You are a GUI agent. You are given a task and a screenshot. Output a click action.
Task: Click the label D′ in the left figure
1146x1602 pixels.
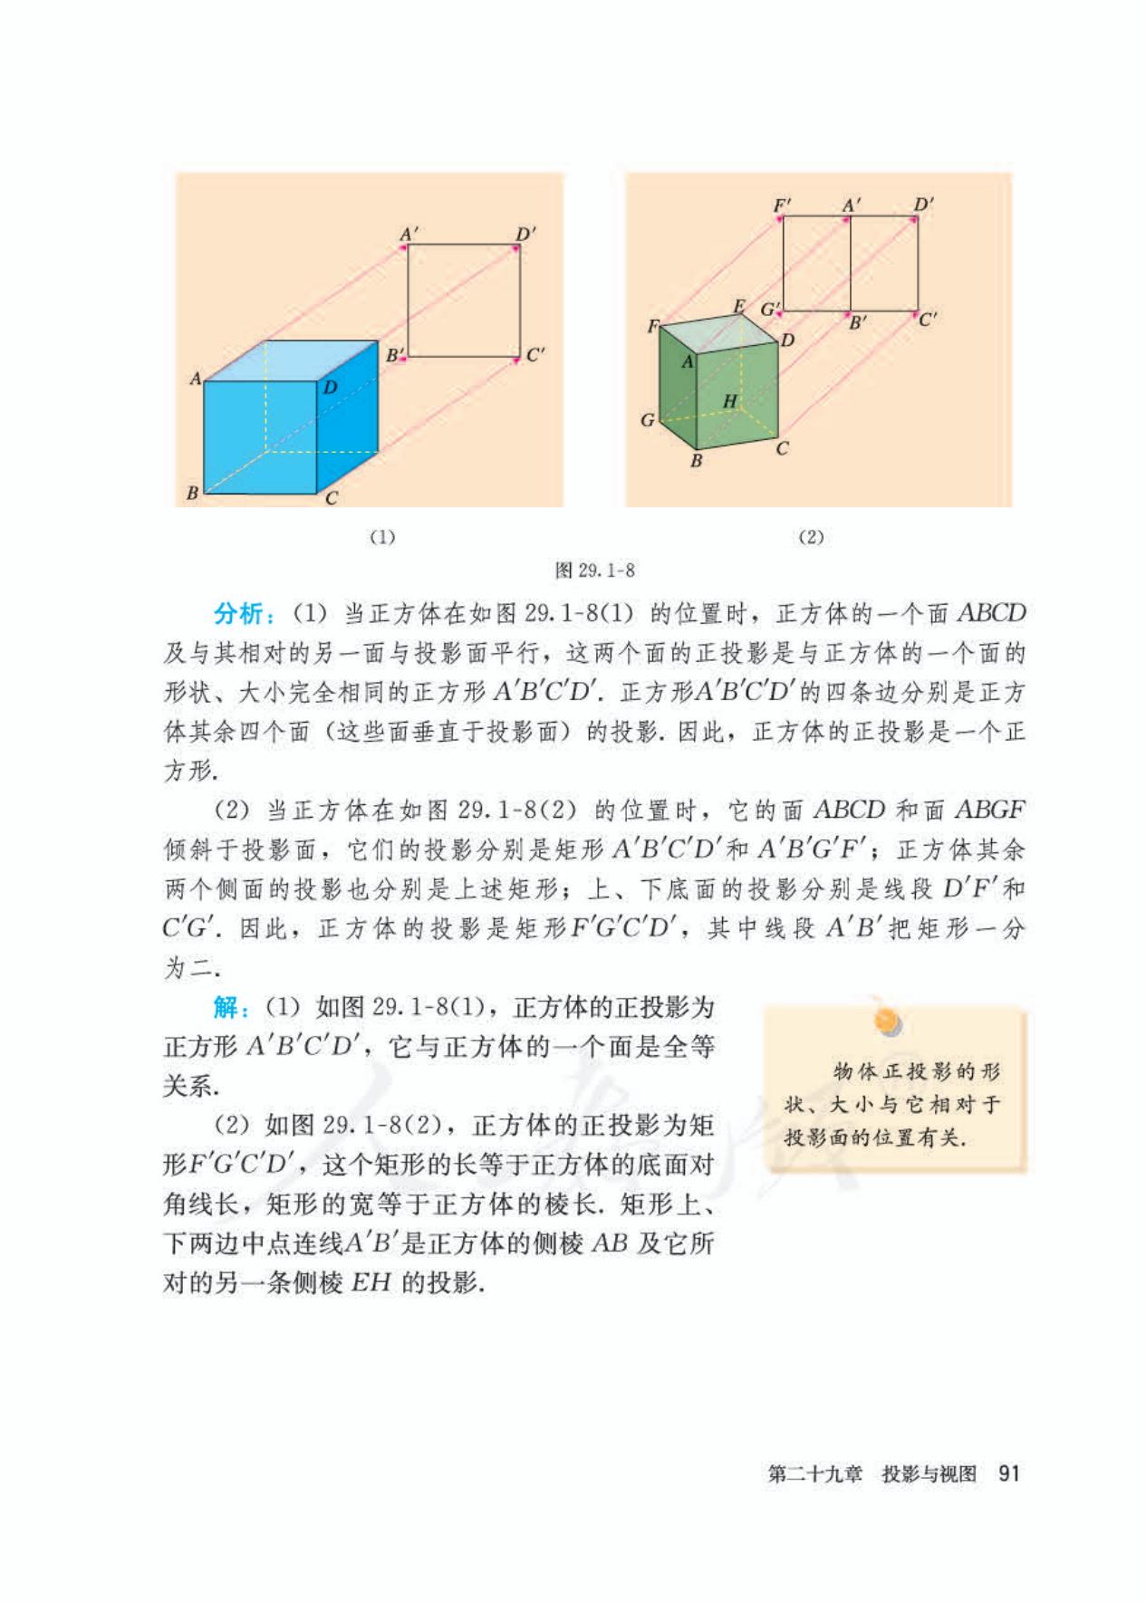tap(525, 233)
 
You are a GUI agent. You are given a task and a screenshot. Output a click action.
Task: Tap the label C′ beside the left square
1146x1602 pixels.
tap(536, 354)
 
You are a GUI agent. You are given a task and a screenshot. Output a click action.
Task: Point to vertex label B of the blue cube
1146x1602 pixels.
tap(192, 494)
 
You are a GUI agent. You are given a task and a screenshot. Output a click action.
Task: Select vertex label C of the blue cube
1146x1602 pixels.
tap(332, 498)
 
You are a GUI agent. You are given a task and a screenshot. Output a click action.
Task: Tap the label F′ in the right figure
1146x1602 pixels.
tap(781, 205)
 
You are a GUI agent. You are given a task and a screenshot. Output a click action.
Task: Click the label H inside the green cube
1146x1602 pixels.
tap(730, 400)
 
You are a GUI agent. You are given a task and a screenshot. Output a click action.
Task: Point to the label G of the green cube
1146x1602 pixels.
tap(647, 419)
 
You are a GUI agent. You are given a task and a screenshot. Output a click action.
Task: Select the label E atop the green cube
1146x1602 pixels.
tap(738, 306)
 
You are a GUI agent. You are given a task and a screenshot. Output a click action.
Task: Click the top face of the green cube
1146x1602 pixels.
tap(719, 331)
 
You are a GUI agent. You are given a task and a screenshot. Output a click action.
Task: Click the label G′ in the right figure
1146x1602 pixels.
tap(769, 310)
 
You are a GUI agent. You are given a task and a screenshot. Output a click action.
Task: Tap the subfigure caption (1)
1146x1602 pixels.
tap(383, 537)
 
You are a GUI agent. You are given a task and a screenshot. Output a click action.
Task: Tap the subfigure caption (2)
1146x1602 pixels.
tap(810, 537)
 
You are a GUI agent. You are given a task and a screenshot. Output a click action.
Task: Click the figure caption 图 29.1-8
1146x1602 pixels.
tap(594, 571)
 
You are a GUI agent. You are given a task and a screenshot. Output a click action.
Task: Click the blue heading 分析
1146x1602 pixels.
tap(237, 614)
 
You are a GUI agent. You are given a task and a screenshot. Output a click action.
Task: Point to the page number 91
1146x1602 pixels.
tap(1008, 1473)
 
